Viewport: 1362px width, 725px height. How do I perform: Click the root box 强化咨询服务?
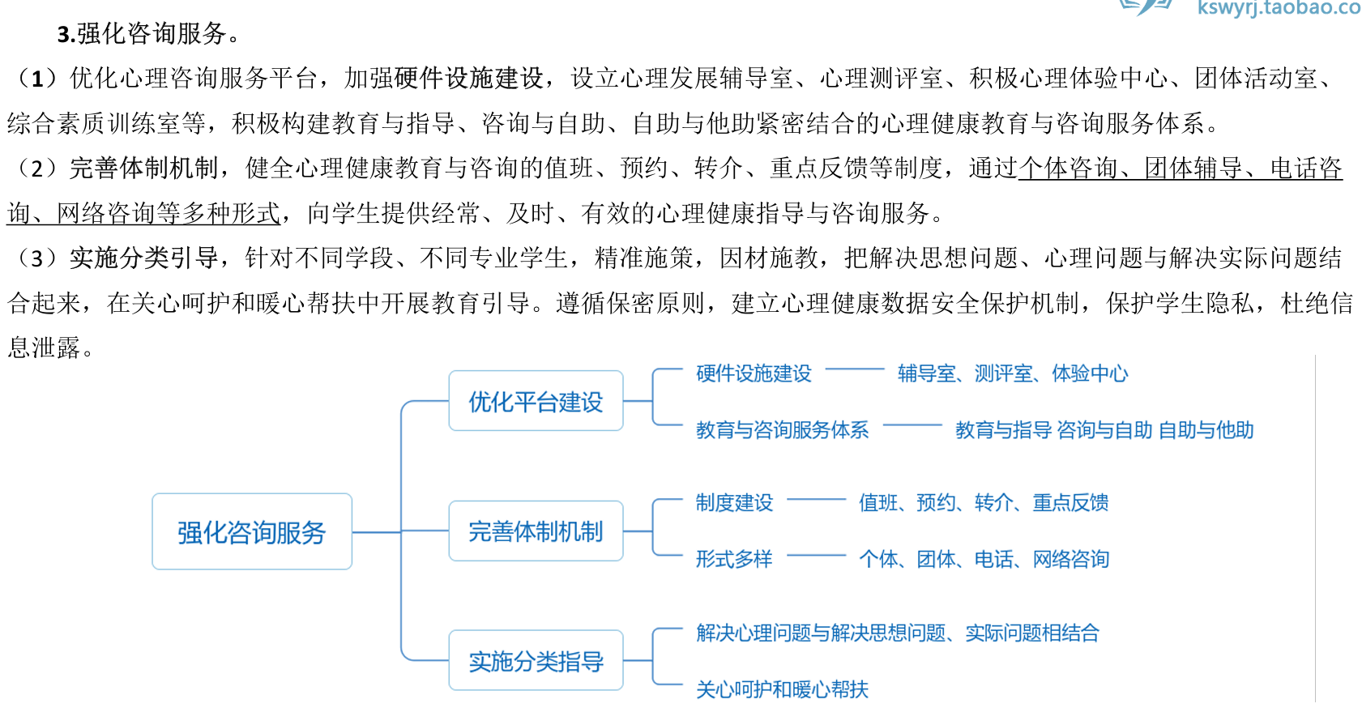pos(251,532)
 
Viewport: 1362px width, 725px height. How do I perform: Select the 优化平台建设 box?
pos(536,401)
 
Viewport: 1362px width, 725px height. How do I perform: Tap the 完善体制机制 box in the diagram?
pos(536,531)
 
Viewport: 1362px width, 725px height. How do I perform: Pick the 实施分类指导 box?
pos(536,661)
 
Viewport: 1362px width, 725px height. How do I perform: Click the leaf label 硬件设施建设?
pos(754,373)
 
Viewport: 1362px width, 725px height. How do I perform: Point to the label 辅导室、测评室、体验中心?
pos(1012,373)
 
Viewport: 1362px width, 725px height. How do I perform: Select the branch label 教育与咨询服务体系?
pos(782,430)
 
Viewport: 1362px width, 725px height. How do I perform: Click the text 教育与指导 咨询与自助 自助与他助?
pos(1104,430)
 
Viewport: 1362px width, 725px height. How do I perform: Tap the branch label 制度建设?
pos(734,503)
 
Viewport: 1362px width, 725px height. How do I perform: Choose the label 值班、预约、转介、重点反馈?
pos(983,503)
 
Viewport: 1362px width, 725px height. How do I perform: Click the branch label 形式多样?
pos(734,559)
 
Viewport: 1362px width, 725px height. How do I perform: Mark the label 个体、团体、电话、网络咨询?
pos(983,559)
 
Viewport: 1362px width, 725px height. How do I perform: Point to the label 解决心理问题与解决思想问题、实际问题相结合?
pos(897,633)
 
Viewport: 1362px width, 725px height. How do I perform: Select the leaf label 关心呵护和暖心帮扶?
pos(782,689)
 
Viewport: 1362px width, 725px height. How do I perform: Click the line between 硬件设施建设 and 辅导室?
pos(854,369)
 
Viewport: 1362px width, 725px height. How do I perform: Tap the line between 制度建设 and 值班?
pos(816,500)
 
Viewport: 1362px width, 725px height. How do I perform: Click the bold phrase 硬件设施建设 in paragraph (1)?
pos(468,79)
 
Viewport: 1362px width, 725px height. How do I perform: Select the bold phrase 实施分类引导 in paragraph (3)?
pos(143,258)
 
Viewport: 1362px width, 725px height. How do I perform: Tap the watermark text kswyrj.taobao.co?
pos(1278,8)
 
